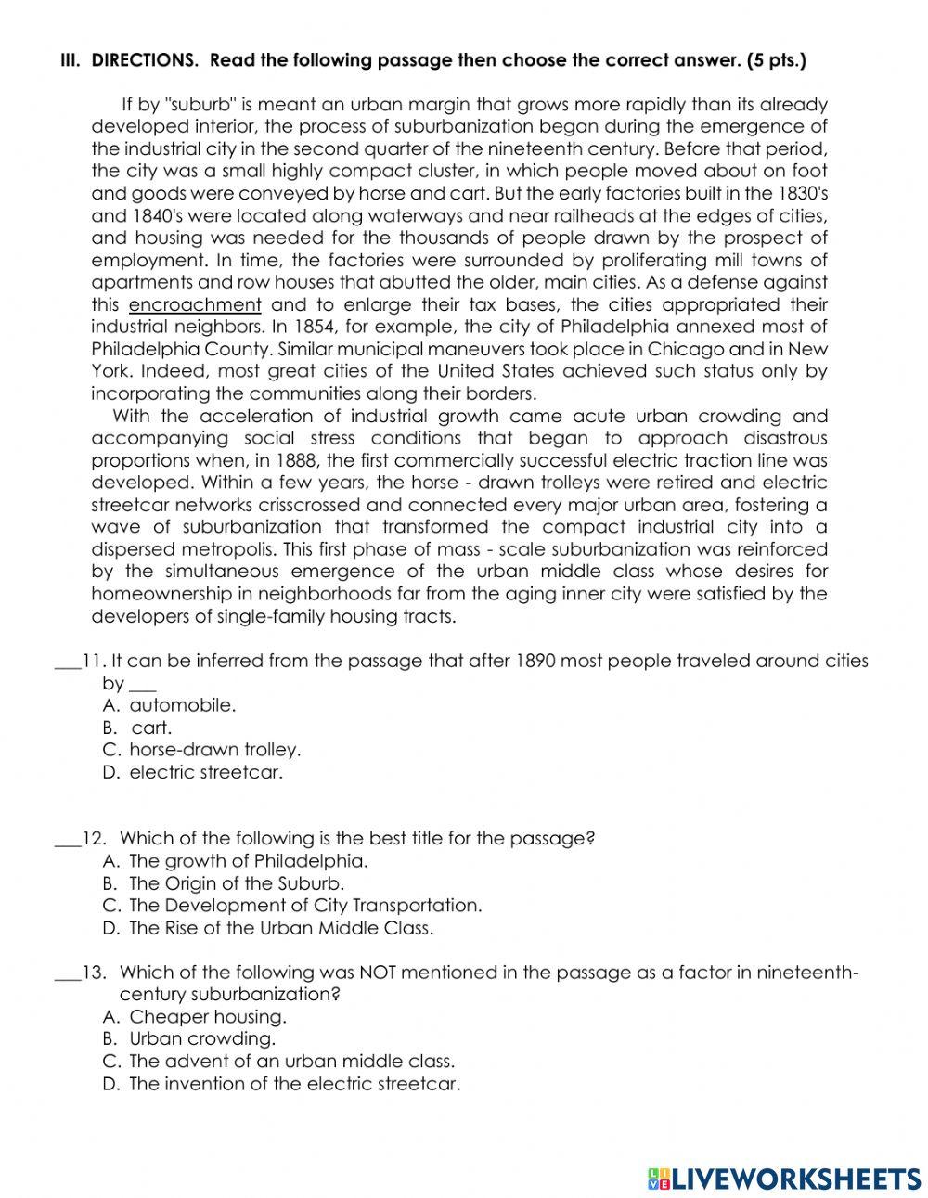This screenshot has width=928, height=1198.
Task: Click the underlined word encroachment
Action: [x=195, y=305]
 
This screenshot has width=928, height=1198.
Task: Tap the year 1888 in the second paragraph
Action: [x=392, y=461]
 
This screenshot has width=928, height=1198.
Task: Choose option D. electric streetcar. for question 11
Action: [x=193, y=772]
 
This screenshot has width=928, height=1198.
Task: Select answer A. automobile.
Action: [x=170, y=705]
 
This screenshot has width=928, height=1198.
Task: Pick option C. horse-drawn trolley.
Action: [x=202, y=750]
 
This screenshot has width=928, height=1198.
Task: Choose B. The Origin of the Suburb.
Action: [x=224, y=883]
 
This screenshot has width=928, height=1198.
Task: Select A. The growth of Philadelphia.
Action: [x=236, y=861]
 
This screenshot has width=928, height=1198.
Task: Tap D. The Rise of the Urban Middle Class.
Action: [x=268, y=928]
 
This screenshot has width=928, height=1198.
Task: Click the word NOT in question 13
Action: [x=378, y=973]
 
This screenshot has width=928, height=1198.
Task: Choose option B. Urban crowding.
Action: [x=189, y=1039]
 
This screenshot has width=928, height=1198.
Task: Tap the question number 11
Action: [x=92, y=662]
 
